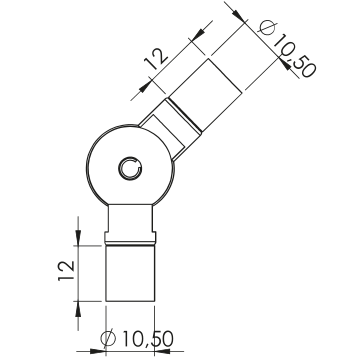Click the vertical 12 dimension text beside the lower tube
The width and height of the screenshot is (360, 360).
pos(66,270)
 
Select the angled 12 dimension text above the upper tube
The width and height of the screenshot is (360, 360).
pos(156,59)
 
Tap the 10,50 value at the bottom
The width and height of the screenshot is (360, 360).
pos(148,339)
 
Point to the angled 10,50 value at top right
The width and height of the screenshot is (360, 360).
pos(294,56)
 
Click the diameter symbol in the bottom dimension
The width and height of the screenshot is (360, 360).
pos(108,338)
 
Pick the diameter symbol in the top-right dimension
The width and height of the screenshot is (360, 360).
pos(268,28)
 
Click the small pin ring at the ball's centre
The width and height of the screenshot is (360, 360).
pos(131,168)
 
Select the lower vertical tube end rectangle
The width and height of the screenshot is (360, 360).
pos(130,273)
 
